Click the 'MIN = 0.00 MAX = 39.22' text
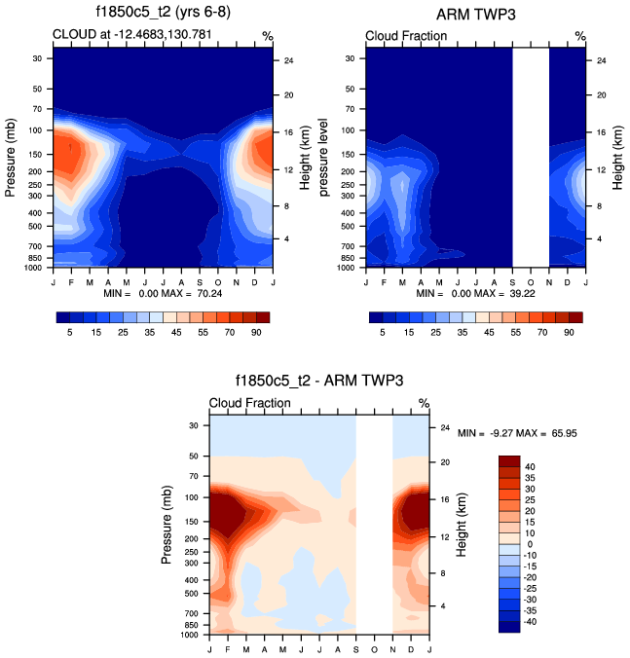click(x=476, y=293)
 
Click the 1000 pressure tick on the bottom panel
click(x=190, y=634)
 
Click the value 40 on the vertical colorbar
click(x=533, y=466)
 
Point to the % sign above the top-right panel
click(x=579, y=36)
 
